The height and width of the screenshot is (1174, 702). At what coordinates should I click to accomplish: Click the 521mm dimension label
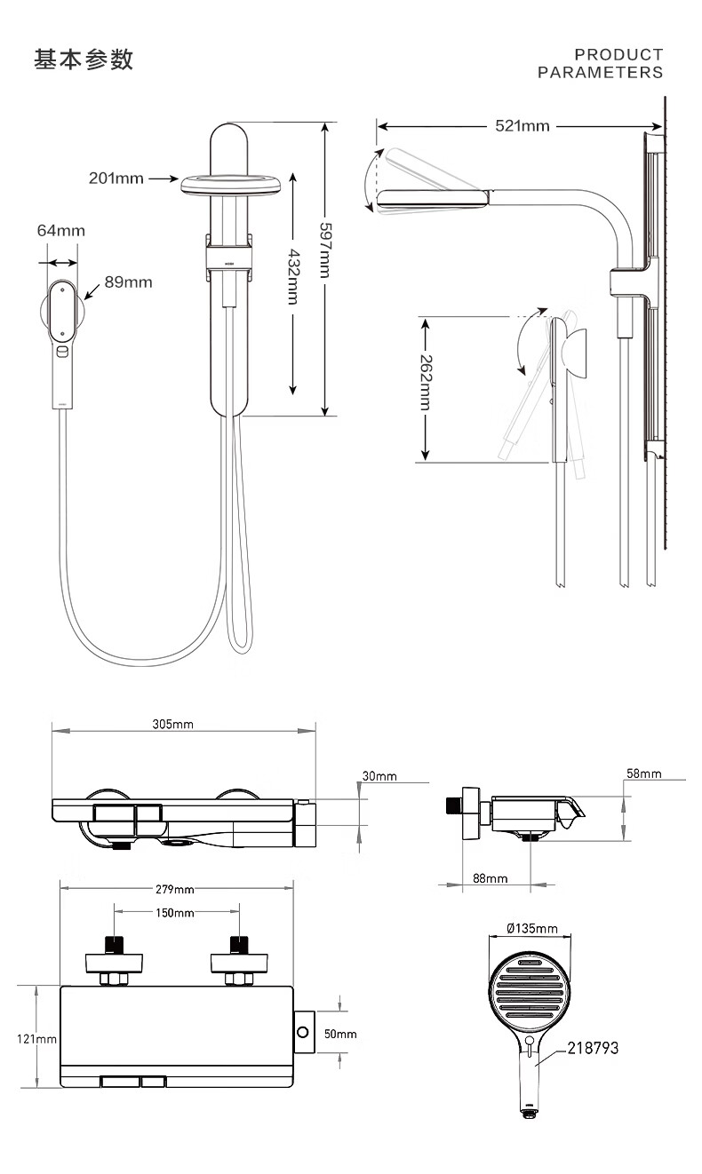pos(523,125)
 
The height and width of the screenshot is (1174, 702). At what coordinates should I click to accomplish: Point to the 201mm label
pos(116,178)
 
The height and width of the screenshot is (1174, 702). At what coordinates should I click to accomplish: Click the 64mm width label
pos(61,231)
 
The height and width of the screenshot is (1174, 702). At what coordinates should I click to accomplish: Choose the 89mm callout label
pos(129,282)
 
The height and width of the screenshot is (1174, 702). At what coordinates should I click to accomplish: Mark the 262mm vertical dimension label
pos(426,382)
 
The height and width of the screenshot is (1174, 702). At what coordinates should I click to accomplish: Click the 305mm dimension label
pos(172,725)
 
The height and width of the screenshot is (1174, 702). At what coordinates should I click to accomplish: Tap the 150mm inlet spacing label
pos(175,913)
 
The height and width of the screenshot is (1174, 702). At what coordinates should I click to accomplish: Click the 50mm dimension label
pos(339,1035)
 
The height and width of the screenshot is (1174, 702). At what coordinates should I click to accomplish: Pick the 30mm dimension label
pos(379,776)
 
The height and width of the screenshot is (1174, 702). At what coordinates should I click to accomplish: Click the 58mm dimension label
pos(643,773)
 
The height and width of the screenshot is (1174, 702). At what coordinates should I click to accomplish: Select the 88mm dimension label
pos(490,878)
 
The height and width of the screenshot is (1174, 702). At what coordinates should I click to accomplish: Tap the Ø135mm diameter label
pos(531,929)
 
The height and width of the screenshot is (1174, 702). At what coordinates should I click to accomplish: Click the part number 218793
pos(593,1049)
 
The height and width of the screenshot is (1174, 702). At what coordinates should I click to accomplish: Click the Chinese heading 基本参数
pos(84,60)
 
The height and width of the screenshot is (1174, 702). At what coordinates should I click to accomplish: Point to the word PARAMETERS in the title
pos(600,73)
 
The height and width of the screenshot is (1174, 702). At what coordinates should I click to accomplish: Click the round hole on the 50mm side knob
pos(304,1032)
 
